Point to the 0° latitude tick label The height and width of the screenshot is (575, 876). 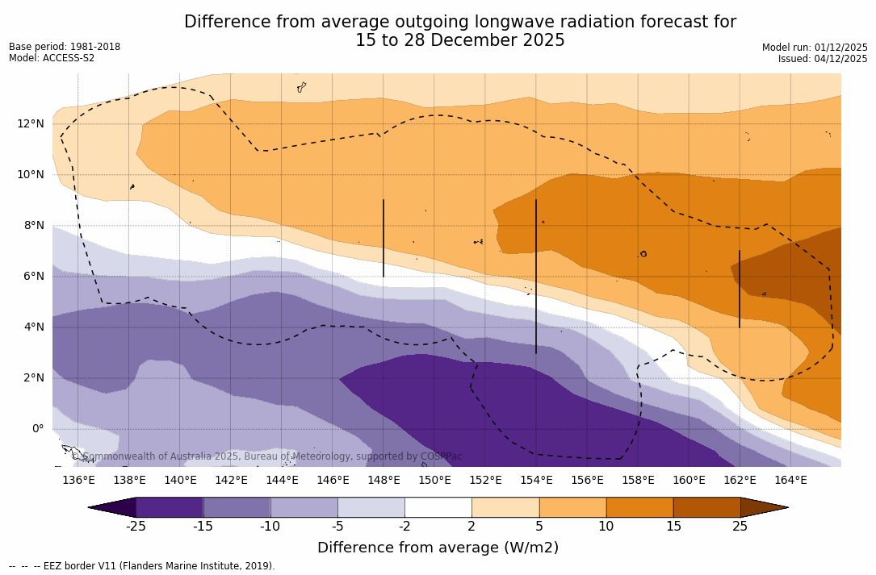(38, 428)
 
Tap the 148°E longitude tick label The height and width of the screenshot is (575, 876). (384, 480)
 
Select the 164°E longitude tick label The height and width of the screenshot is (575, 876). (790, 480)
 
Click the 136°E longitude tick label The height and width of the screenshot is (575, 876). (78, 480)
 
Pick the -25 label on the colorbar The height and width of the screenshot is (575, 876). (136, 527)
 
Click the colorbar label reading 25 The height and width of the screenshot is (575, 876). (740, 527)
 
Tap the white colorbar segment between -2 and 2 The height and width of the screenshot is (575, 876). (438, 507)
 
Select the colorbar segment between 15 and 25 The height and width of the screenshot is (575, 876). (706, 507)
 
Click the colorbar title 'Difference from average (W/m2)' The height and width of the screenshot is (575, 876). (438, 548)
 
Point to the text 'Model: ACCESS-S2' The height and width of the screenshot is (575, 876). (52, 58)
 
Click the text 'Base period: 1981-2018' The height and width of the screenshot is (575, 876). (65, 47)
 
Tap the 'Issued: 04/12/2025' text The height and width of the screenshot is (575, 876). (823, 59)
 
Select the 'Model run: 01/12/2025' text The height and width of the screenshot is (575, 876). (815, 48)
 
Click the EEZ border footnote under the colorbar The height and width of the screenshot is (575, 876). (142, 566)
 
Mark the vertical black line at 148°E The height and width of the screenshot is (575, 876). (384, 238)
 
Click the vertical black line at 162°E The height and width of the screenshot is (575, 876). (740, 289)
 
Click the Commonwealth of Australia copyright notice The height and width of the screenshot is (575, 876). (267, 456)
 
